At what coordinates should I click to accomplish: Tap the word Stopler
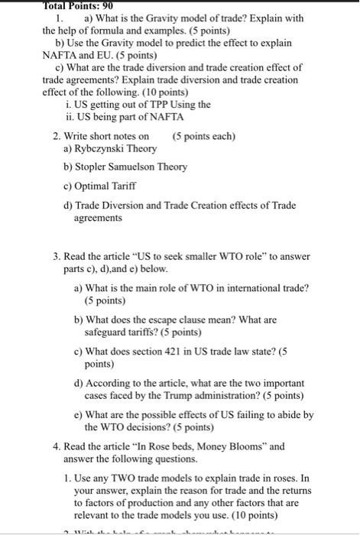tap(97, 167)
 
